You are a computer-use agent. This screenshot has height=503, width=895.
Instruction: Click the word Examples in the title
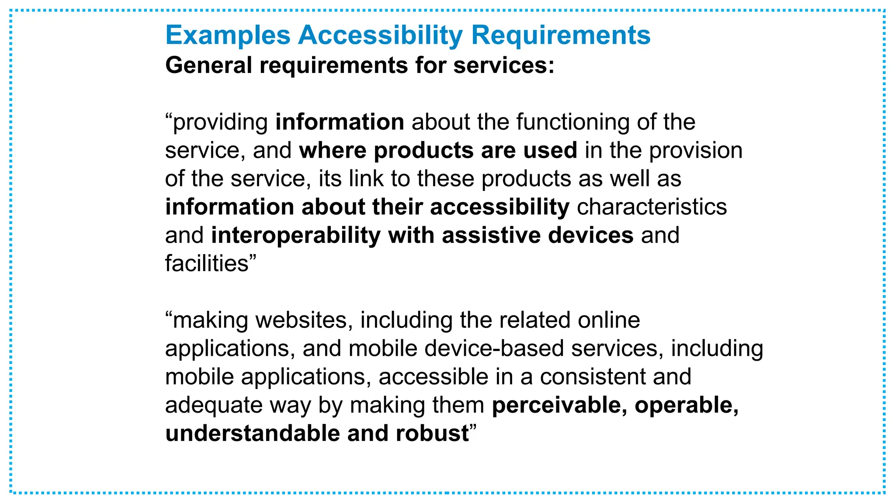tap(228, 35)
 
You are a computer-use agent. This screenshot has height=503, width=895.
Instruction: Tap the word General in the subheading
tap(208, 65)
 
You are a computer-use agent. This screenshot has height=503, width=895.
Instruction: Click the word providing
tap(220, 122)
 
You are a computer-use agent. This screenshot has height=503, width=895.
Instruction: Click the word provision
tap(695, 151)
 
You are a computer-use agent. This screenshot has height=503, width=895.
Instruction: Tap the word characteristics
tap(652, 207)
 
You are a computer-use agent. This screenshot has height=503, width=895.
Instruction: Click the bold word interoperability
tap(296, 236)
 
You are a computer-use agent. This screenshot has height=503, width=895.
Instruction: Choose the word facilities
tap(207, 263)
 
